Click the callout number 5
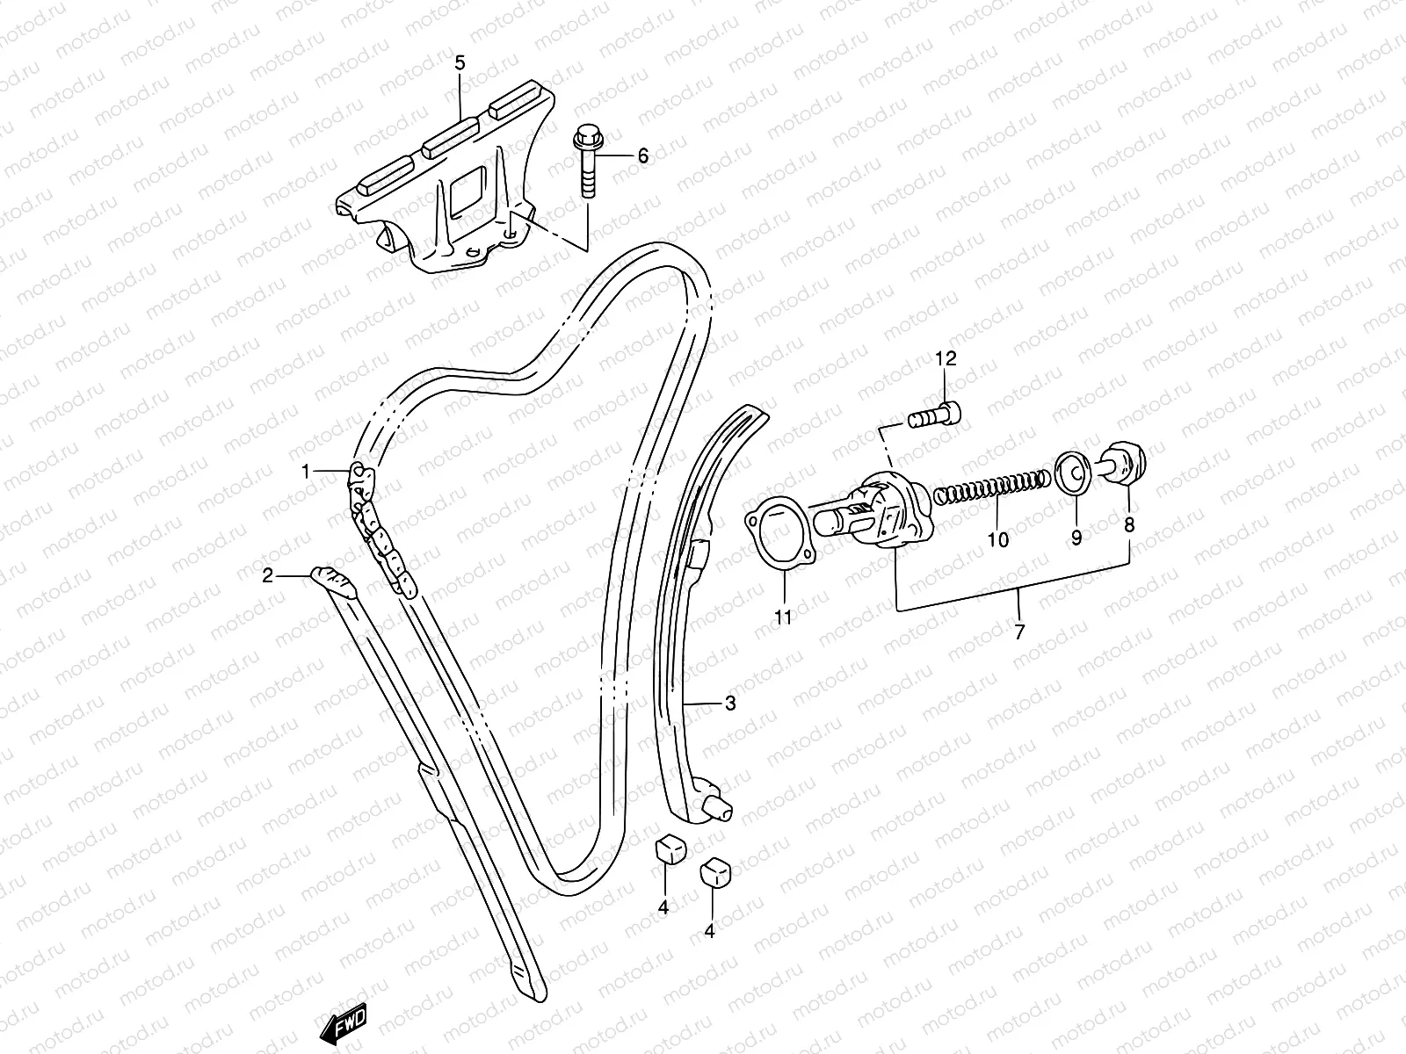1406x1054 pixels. [460, 62]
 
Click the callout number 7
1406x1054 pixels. [1019, 632]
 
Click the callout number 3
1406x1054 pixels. [730, 704]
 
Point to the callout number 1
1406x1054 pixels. [306, 472]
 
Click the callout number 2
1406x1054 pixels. [269, 575]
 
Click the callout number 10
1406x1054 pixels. [997, 539]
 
